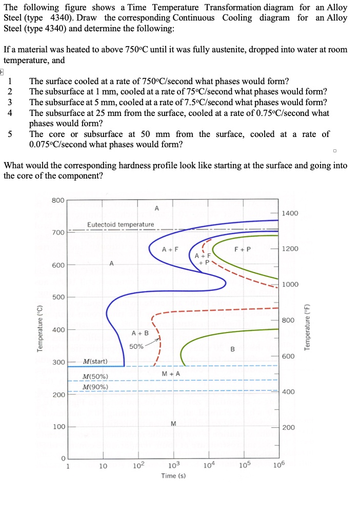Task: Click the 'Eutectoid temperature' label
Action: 121,225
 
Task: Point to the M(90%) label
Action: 95,386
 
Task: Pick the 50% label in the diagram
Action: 136,346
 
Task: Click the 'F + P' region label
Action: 242,250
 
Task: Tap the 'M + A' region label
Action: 171,373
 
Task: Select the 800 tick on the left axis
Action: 58,200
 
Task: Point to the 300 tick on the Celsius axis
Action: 58,362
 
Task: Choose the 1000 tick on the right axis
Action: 291,285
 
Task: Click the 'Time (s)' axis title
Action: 173,476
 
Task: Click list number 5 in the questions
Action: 10,134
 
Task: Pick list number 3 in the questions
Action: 10,102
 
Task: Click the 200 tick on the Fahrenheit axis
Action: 289,427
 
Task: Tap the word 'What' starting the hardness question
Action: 14,166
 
